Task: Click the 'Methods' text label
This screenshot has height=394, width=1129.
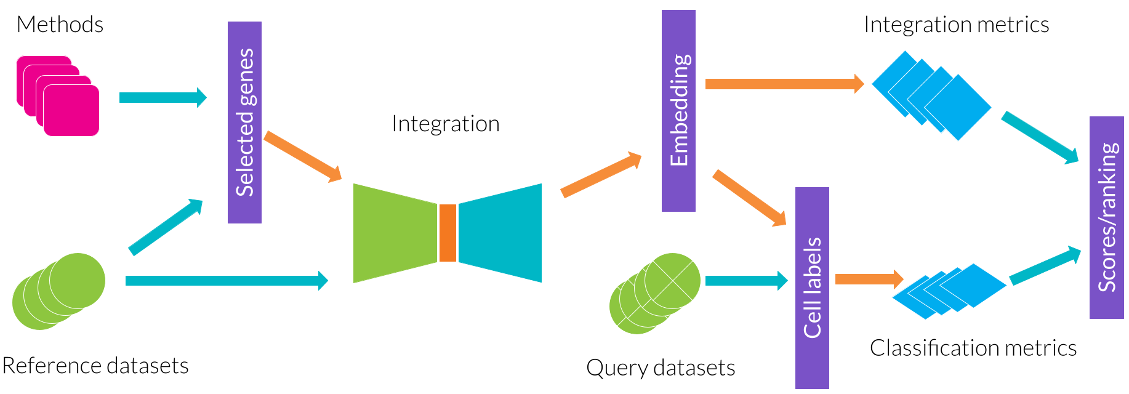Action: coord(60,25)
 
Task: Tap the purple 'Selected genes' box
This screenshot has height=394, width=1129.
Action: coord(244,123)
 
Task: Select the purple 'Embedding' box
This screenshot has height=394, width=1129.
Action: coord(678,111)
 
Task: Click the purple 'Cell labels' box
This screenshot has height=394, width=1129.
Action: coord(812,287)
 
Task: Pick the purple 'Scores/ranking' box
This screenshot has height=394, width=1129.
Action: coord(1106,217)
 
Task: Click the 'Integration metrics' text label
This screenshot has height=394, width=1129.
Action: coord(956,25)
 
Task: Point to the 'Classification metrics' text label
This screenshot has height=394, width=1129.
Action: coord(973,348)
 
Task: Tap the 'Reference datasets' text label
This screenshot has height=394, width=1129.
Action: coord(95,366)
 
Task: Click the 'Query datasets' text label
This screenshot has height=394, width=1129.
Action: coord(661,368)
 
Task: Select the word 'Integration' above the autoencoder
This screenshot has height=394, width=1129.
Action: coord(445,124)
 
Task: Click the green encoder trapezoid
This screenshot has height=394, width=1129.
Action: coord(394,233)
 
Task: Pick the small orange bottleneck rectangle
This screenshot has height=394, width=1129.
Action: coord(448,233)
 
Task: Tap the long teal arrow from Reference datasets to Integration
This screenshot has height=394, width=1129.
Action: coord(225,281)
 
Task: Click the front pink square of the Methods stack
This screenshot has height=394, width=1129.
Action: coord(71,110)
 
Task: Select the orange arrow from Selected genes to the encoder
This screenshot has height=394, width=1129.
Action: coord(302,156)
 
